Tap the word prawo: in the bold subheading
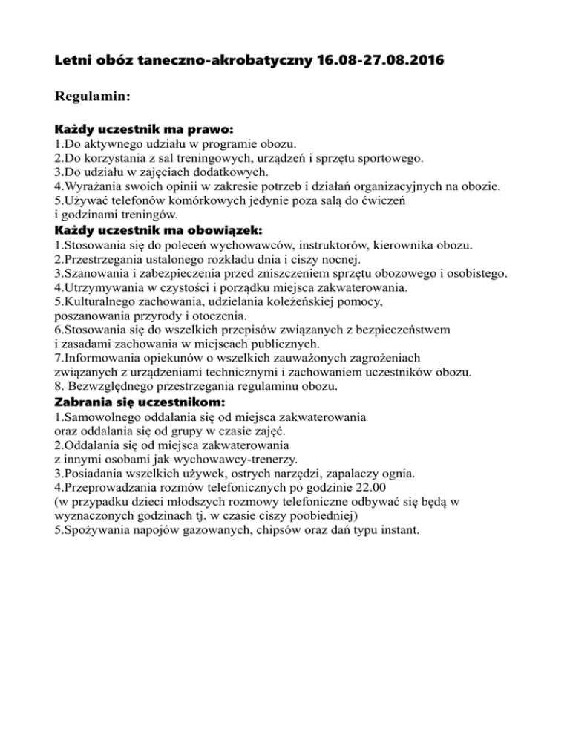(x=191, y=128)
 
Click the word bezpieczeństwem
(x=399, y=330)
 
